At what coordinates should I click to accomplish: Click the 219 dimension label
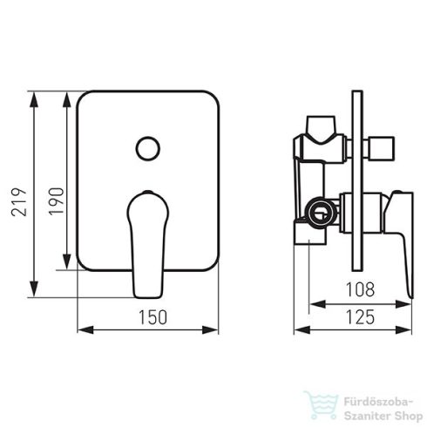[19, 202]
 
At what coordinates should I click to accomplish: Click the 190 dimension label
[57, 201]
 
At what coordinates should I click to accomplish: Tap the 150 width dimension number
[152, 317]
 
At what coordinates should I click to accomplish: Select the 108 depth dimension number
[360, 289]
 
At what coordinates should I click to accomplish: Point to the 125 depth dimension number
[360, 317]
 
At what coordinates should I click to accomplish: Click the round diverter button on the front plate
[148, 148]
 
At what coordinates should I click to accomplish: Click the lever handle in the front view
[148, 245]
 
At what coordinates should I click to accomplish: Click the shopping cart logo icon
[322, 405]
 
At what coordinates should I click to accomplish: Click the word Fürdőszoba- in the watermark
[378, 402]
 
